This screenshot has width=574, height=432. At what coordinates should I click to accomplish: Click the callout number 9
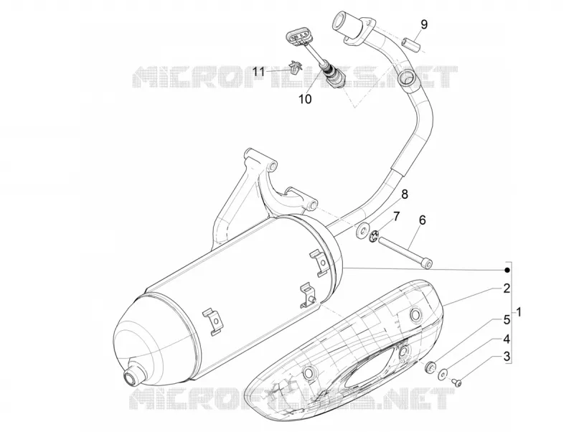[423, 24]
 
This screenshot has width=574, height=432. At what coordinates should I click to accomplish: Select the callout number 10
[305, 99]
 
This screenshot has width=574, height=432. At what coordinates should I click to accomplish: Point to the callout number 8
[405, 194]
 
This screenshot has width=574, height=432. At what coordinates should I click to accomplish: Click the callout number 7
[397, 216]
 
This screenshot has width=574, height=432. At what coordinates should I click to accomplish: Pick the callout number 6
[422, 220]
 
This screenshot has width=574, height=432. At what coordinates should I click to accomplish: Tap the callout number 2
[507, 278]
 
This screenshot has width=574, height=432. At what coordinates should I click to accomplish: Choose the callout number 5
[507, 319]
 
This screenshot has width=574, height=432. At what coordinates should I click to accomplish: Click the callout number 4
[507, 339]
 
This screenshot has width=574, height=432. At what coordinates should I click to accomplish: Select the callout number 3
[507, 356]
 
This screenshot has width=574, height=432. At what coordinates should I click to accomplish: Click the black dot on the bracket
[507, 271]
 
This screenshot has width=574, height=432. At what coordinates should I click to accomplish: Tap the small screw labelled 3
[457, 382]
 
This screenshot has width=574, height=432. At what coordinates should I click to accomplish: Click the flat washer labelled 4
[443, 373]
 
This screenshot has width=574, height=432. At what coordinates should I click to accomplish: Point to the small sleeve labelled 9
[410, 42]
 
